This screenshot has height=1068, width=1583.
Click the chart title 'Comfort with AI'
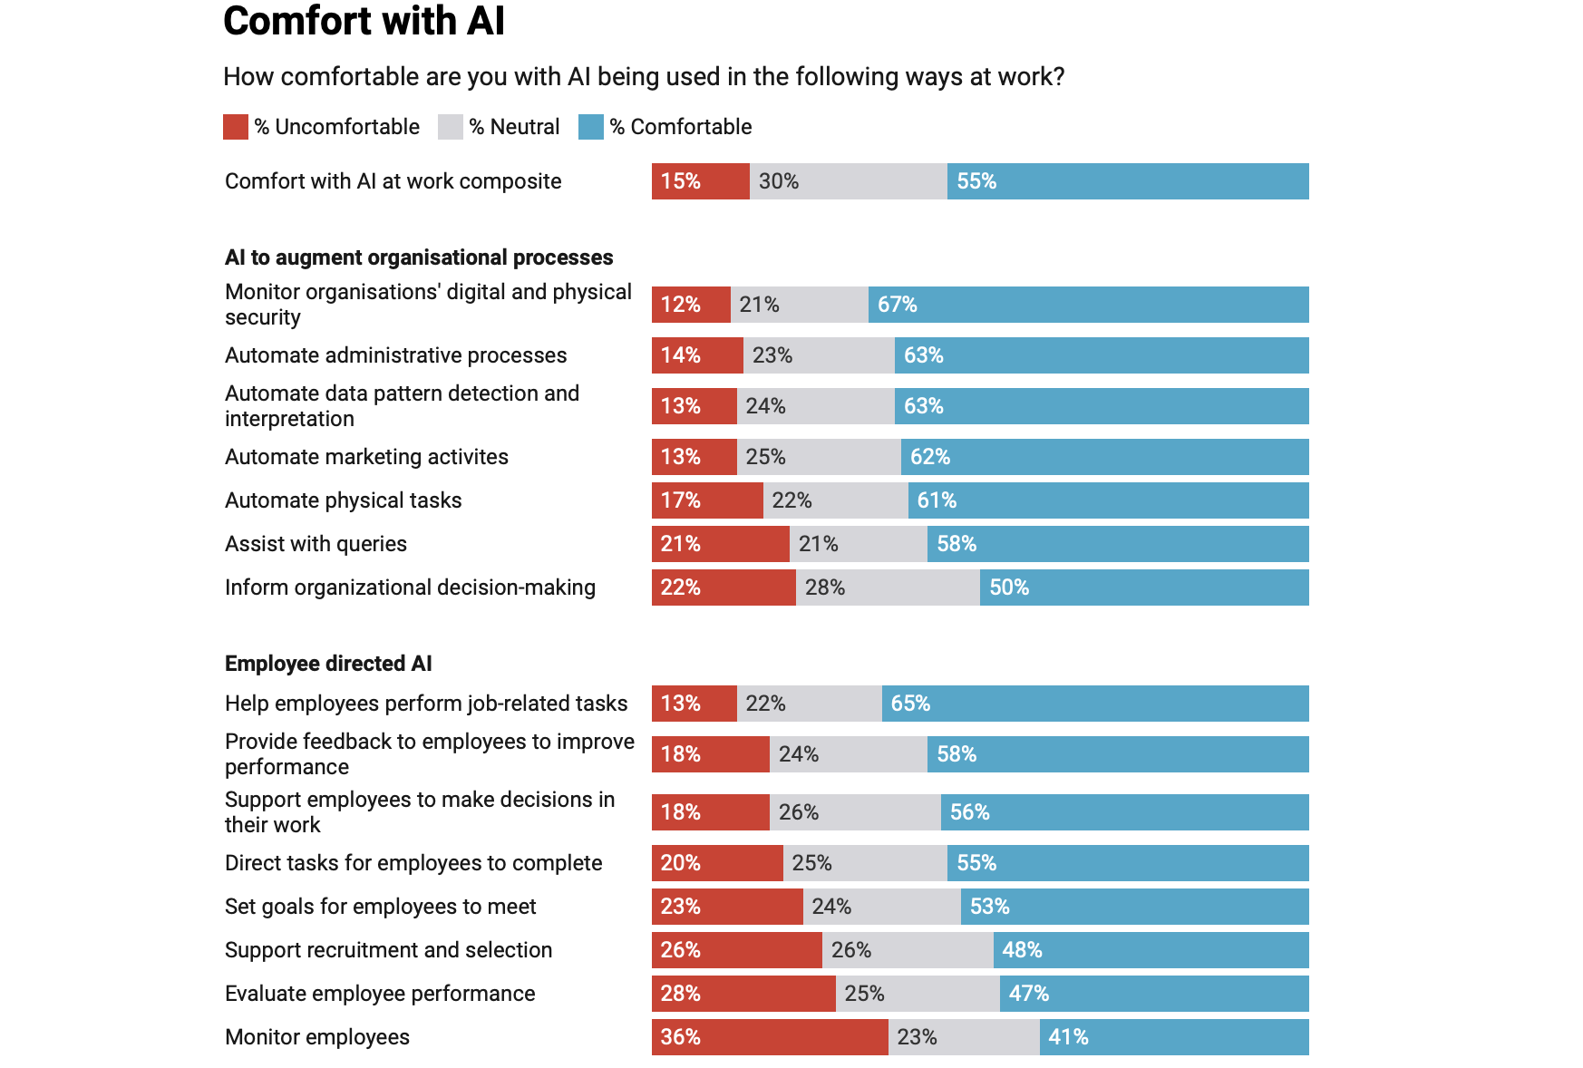[364, 21]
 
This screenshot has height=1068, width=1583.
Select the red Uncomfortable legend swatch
[236, 127]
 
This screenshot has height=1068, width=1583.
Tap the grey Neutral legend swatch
[451, 127]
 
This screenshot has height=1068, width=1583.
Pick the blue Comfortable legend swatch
[591, 127]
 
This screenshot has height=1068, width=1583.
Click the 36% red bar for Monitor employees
[769, 1037]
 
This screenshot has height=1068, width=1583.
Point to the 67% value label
[897, 305]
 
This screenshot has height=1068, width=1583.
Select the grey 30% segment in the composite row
[848, 181]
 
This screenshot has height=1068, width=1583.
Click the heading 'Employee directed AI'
[328, 664]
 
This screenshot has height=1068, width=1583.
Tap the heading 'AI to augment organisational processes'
[419, 257]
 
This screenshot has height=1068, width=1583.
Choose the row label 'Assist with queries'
[316, 544]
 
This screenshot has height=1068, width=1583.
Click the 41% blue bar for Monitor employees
[1173, 1037]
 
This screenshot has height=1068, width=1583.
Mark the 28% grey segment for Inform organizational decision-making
[887, 587]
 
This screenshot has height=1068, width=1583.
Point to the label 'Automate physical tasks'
[343, 500]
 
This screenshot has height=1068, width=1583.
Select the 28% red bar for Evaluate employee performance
[743, 994]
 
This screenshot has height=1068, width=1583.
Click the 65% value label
[910, 704]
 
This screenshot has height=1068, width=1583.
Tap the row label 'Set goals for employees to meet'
[380, 907]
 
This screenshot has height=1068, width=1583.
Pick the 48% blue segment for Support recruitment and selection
[1151, 950]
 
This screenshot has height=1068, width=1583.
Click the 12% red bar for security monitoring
[691, 305]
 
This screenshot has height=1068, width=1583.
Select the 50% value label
[1008, 587]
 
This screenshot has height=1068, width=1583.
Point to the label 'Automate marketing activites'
[366, 457]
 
